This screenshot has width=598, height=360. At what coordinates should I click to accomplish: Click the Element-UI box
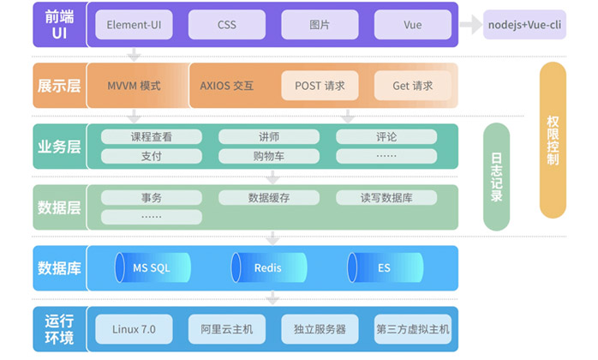134,25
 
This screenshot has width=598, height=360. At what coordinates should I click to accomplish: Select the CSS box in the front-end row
226,25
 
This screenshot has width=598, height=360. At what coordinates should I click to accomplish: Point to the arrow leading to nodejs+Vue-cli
471,25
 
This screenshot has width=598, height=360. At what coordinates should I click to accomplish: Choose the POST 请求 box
320,86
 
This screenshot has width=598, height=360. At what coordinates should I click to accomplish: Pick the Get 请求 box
412,86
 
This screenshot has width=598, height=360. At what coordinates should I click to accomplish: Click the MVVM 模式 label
134,86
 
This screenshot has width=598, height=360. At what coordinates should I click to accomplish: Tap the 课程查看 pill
152,137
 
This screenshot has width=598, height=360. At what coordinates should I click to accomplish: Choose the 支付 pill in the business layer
152,156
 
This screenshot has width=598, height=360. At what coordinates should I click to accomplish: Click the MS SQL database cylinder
152,268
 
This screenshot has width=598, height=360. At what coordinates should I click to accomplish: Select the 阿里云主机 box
226,329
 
